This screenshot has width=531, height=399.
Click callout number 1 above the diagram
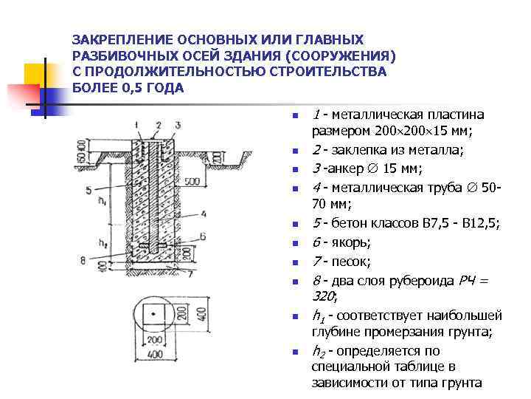coord(140,126)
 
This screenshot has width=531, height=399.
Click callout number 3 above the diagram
coord(178,126)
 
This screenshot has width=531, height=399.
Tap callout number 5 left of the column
coord(89,190)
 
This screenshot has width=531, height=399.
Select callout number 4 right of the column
coord(204,214)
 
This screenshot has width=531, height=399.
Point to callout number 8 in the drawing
coord(83,259)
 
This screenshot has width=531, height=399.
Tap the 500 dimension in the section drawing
coord(192,180)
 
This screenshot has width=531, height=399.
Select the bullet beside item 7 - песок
coord(293,262)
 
